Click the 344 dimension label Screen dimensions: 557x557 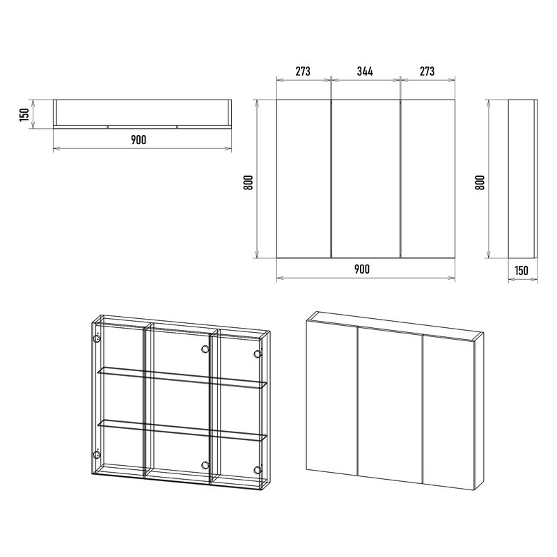click(365, 72)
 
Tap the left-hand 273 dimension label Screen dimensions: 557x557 click(303, 72)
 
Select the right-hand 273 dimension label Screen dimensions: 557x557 click(427, 72)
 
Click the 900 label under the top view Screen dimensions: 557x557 click(139, 140)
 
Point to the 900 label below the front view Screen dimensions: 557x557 click(362, 269)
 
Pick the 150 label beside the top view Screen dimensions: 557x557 click(24, 114)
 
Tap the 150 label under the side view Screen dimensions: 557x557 click(521, 271)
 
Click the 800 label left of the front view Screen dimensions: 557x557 click(249, 182)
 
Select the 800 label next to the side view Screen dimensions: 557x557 click(480, 182)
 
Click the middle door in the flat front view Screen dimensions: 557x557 click(366, 179)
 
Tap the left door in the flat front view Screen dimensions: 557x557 click(304, 179)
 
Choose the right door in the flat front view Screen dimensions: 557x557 click(427, 179)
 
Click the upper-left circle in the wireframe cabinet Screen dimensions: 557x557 click(96, 338)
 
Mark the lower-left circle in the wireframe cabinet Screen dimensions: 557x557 click(96, 455)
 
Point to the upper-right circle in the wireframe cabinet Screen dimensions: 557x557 click(258, 354)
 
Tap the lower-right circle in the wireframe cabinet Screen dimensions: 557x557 click(258, 470)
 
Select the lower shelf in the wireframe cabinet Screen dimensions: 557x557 click(182, 430)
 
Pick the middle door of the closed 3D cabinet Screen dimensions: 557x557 click(390, 405)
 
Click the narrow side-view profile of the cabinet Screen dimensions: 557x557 click(523, 179)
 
